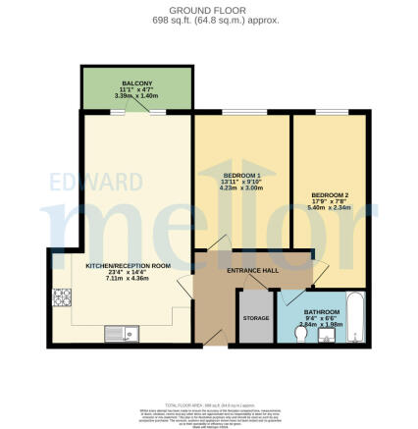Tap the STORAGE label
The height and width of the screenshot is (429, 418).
point(255,317)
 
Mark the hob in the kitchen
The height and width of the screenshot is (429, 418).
point(62,296)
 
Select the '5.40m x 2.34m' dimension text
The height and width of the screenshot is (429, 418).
point(330,208)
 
